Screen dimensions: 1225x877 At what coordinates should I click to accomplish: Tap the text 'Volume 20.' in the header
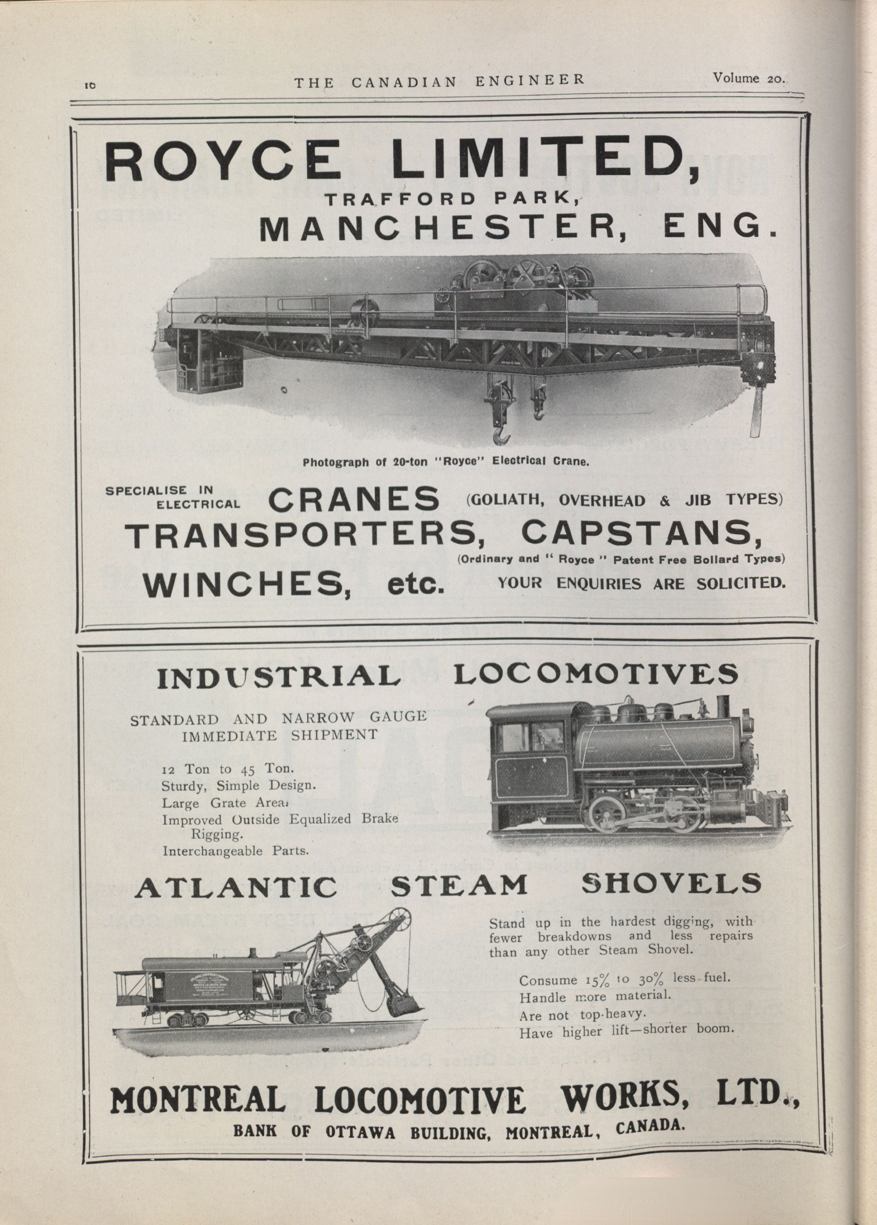tap(748, 78)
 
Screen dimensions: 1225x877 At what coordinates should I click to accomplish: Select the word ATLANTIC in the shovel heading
tap(236, 887)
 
